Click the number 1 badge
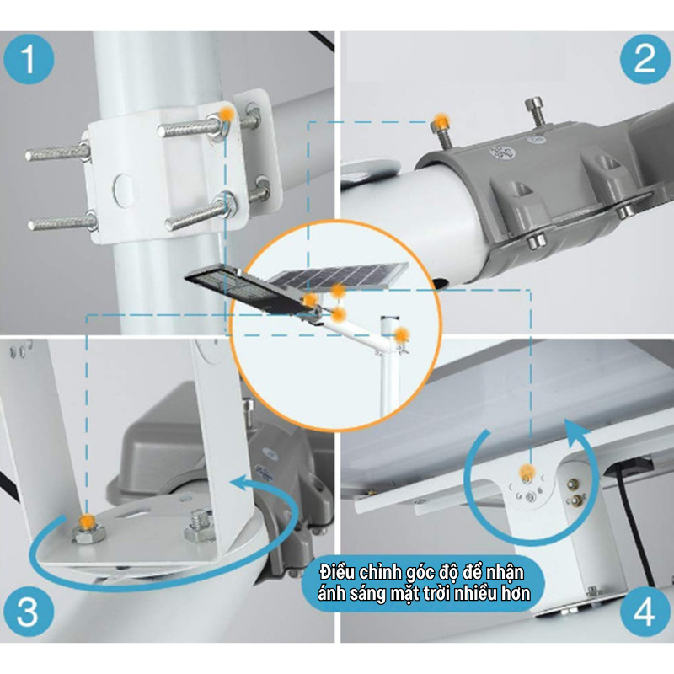(29, 61)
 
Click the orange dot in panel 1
(225, 114)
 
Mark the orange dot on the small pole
(402, 336)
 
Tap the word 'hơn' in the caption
(516, 593)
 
